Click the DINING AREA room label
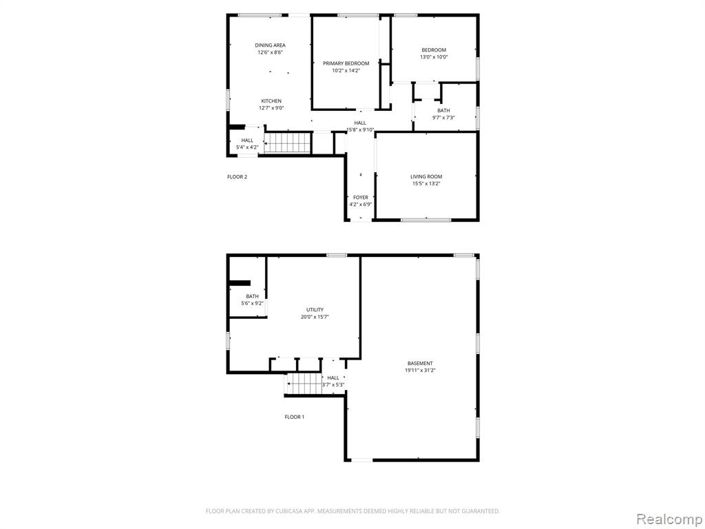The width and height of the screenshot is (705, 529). pyautogui.click(x=270, y=45)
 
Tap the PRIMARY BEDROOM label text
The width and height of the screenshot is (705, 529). pyautogui.click(x=346, y=63)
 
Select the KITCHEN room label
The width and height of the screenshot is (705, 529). pyautogui.click(x=271, y=101)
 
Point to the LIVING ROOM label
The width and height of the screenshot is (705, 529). pyautogui.click(x=426, y=177)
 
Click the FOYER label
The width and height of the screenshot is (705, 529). pyautogui.click(x=360, y=198)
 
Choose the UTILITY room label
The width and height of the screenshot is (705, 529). pyautogui.click(x=315, y=310)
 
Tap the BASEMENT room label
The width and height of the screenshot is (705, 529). pyautogui.click(x=420, y=364)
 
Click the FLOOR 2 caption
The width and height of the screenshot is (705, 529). pyautogui.click(x=237, y=177)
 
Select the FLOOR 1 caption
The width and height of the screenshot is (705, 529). pyautogui.click(x=294, y=417)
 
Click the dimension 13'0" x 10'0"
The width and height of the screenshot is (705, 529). pyautogui.click(x=434, y=57)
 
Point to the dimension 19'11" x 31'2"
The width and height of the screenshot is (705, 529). pyautogui.click(x=420, y=371)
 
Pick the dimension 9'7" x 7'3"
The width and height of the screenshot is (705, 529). pyautogui.click(x=443, y=118)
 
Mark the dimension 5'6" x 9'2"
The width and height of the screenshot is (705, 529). pyautogui.click(x=253, y=303)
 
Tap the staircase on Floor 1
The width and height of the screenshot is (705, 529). pyautogui.click(x=304, y=384)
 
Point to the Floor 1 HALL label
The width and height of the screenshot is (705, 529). pyautogui.click(x=333, y=377)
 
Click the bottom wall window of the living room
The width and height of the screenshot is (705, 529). pyautogui.click(x=426, y=220)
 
